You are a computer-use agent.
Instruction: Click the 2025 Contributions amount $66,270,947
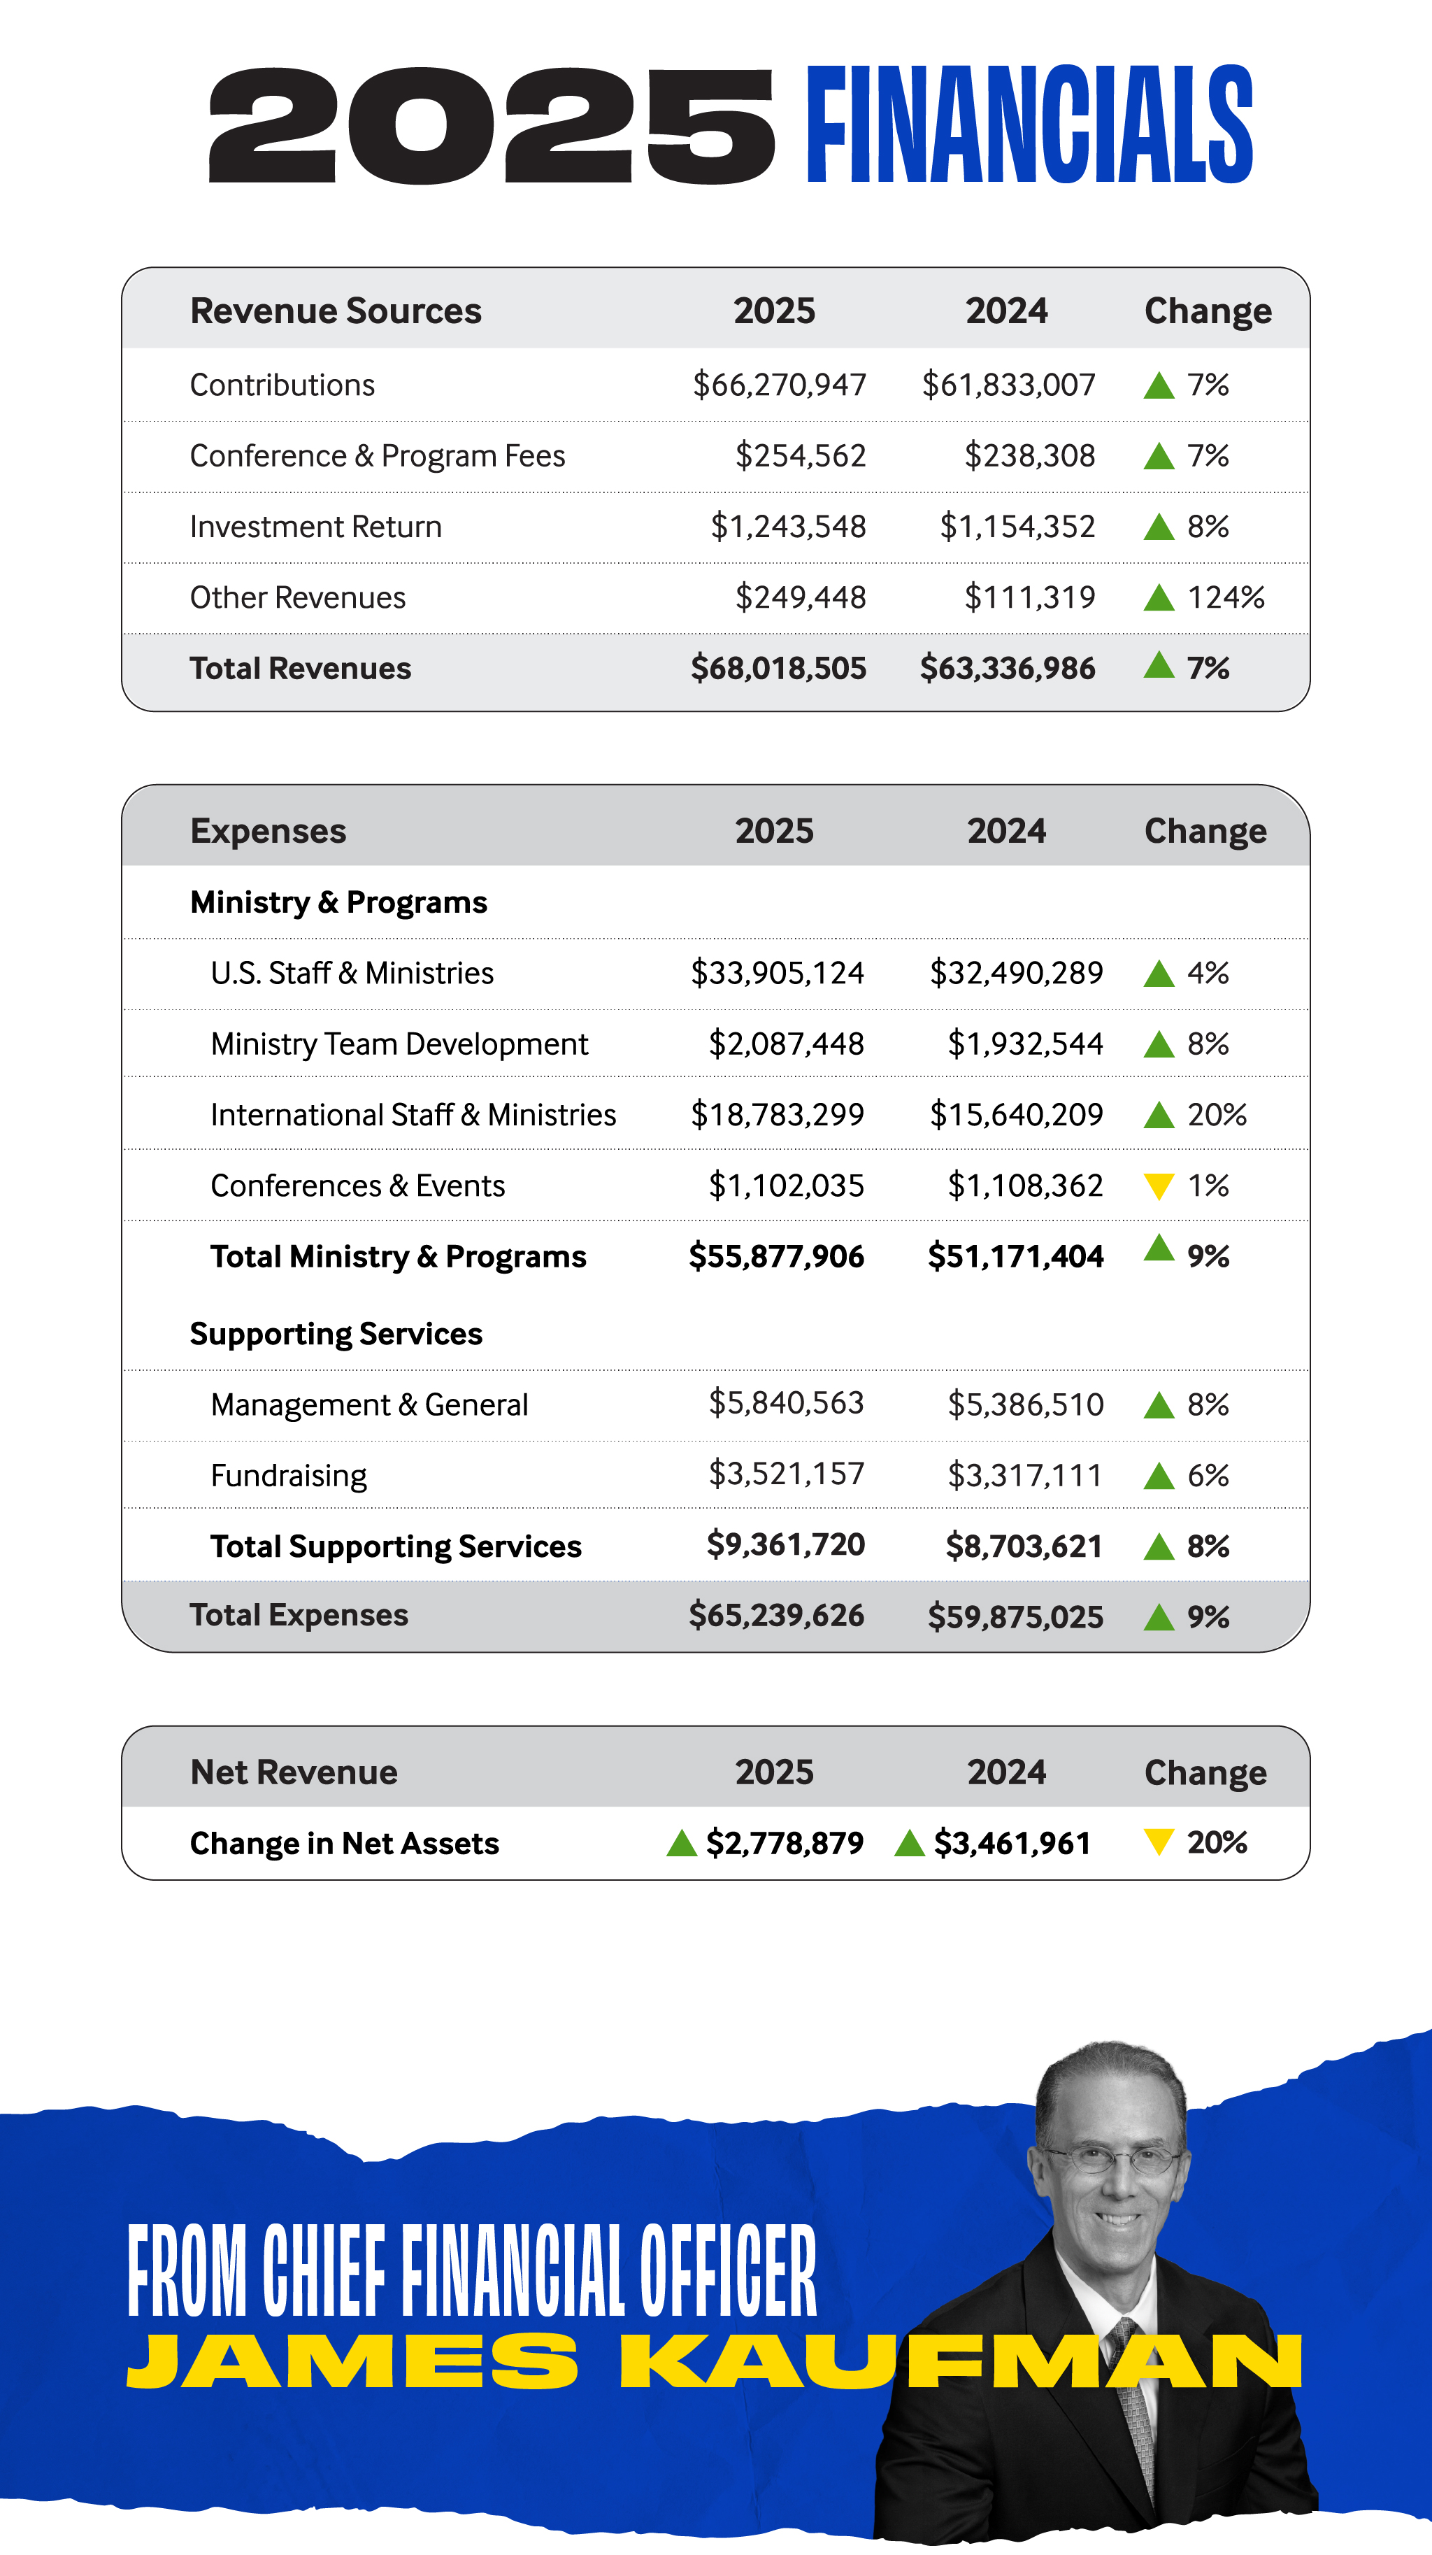coord(780,385)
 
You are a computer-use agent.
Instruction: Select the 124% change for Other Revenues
coord(1226,597)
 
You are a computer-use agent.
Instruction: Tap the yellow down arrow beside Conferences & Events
coord(1159,1186)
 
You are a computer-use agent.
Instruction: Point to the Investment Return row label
coord(315,527)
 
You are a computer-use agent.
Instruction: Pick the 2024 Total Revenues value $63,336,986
coord(1008,669)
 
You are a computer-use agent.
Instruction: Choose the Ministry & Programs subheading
coord(338,902)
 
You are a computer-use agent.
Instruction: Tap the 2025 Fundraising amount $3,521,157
coord(787,1474)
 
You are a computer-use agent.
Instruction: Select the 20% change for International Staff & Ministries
coord(1217,1115)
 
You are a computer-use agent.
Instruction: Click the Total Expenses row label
coord(299,1615)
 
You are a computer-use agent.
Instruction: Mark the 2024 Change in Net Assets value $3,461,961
coord(1012,1843)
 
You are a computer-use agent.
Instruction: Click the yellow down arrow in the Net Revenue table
coord(1159,1842)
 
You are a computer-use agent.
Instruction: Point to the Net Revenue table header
coord(294,1772)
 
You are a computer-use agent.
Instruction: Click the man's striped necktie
coord(1133,2400)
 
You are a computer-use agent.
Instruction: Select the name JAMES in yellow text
coord(352,2361)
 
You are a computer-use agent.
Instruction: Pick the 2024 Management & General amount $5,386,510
coord(1026,1404)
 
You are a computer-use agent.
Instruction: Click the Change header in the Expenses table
coord(1205,831)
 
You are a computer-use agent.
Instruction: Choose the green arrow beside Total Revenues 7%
coord(1159,664)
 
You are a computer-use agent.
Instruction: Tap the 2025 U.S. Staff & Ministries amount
coord(778,973)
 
